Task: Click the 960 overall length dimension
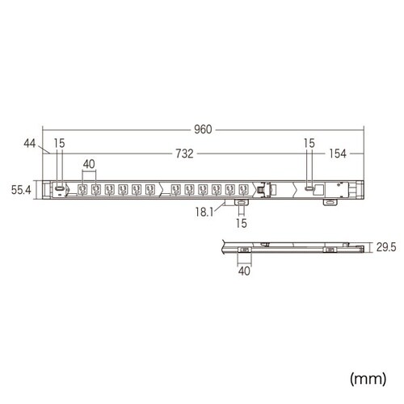[x=202, y=129]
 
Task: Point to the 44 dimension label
[x=31, y=143]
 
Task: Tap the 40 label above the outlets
[x=89, y=164]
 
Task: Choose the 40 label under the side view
[x=245, y=271]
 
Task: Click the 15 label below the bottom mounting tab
[x=239, y=221]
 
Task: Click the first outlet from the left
[x=82, y=190]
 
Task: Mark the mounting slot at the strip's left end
[x=59, y=190]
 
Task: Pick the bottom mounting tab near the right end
[x=328, y=201]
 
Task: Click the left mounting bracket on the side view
[x=245, y=250]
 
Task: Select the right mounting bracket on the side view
[x=330, y=250]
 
